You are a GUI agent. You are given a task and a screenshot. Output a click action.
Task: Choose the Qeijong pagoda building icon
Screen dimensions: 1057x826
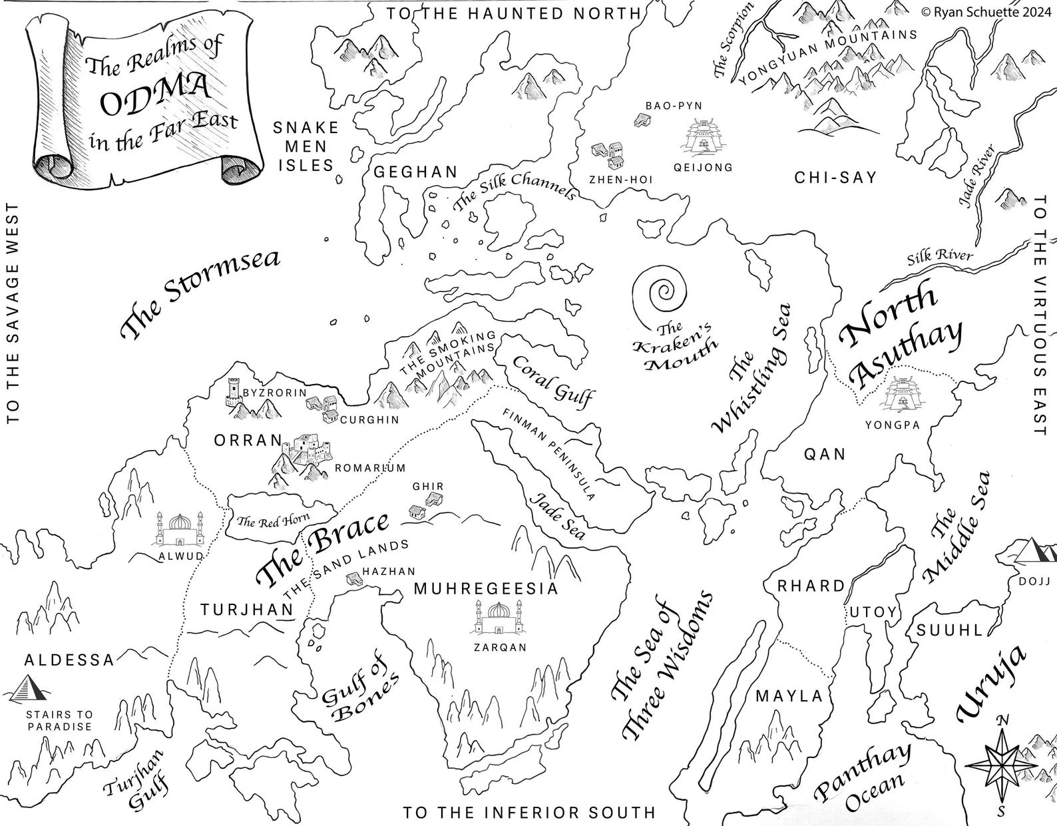point(703,138)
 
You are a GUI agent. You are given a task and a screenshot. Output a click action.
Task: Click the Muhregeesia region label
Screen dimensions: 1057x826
point(485,588)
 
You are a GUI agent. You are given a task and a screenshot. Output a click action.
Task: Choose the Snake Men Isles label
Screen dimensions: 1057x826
point(307,146)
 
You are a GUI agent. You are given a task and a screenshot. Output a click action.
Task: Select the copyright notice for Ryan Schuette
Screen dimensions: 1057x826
point(986,10)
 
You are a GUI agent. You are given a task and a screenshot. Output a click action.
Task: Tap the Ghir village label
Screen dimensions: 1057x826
point(428,487)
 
